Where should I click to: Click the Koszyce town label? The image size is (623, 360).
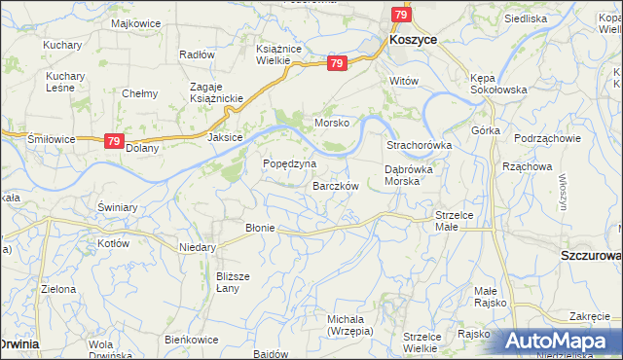click(x=412, y=40)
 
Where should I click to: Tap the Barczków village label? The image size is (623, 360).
click(x=337, y=186)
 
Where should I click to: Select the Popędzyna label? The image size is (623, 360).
click(x=290, y=163)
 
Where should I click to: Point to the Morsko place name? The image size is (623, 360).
click(x=331, y=123)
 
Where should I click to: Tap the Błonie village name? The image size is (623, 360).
click(x=260, y=228)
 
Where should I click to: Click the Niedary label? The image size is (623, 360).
click(x=197, y=247)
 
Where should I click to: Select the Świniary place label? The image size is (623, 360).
click(x=116, y=207)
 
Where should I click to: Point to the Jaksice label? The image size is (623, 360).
click(x=224, y=138)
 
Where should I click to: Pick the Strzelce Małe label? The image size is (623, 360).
click(x=454, y=220)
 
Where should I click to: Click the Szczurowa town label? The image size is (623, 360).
click(x=592, y=255)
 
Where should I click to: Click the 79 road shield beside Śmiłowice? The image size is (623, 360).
click(x=114, y=141)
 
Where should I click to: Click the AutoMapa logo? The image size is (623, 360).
click(x=562, y=342)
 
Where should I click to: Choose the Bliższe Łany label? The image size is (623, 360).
click(x=234, y=282)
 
